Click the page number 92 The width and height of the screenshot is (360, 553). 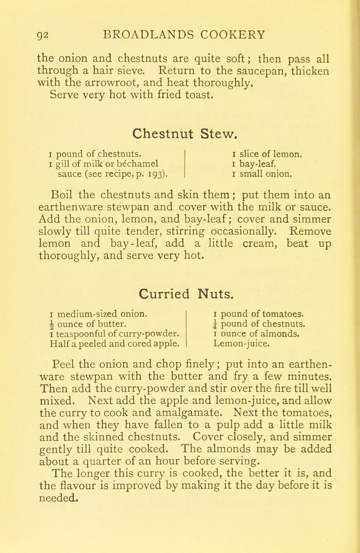click(x=46, y=33)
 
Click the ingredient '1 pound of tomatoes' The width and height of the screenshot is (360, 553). click(x=254, y=301)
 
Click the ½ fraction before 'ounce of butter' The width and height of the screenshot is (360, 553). click(x=53, y=311)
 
